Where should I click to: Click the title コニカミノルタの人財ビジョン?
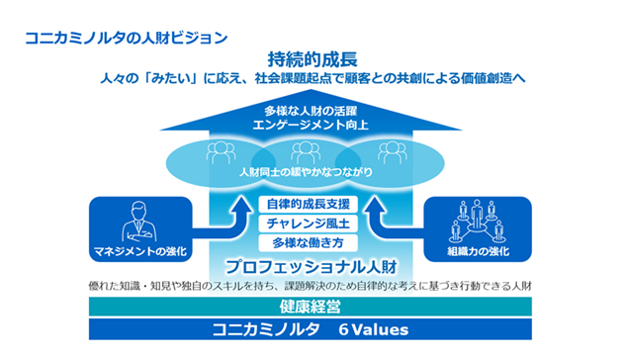pyautogui.click(x=127, y=38)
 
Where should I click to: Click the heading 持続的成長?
pyautogui.click(x=312, y=59)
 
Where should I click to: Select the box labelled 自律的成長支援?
pyautogui.click(x=309, y=204)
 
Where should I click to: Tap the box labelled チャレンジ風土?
pyautogui.click(x=309, y=224)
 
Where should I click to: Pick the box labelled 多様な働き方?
pyautogui.click(x=309, y=242)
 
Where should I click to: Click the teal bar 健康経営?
pyautogui.click(x=311, y=307)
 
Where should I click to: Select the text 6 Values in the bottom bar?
pyautogui.click(x=374, y=329)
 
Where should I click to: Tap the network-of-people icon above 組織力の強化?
pyautogui.click(x=477, y=222)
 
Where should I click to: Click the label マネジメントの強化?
pyautogui.click(x=140, y=251)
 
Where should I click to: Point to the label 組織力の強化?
pyautogui.click(x=478, y=251)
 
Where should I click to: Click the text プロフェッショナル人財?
pyautogui.click(x=312, y=267)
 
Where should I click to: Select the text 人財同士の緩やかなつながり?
pyautogui.click(x=307, y=172)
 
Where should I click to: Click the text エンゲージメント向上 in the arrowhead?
pyautogui.click(x=311, y=125)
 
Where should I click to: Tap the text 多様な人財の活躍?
pyautogui.click(x=311, y=111)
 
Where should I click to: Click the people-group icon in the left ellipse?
pyautogui.click(x=221, y=152)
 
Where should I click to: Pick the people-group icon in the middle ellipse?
pyautogui.click(x=306, y=152)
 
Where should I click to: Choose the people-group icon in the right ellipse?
pyautogui.click(x=393, y=152)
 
